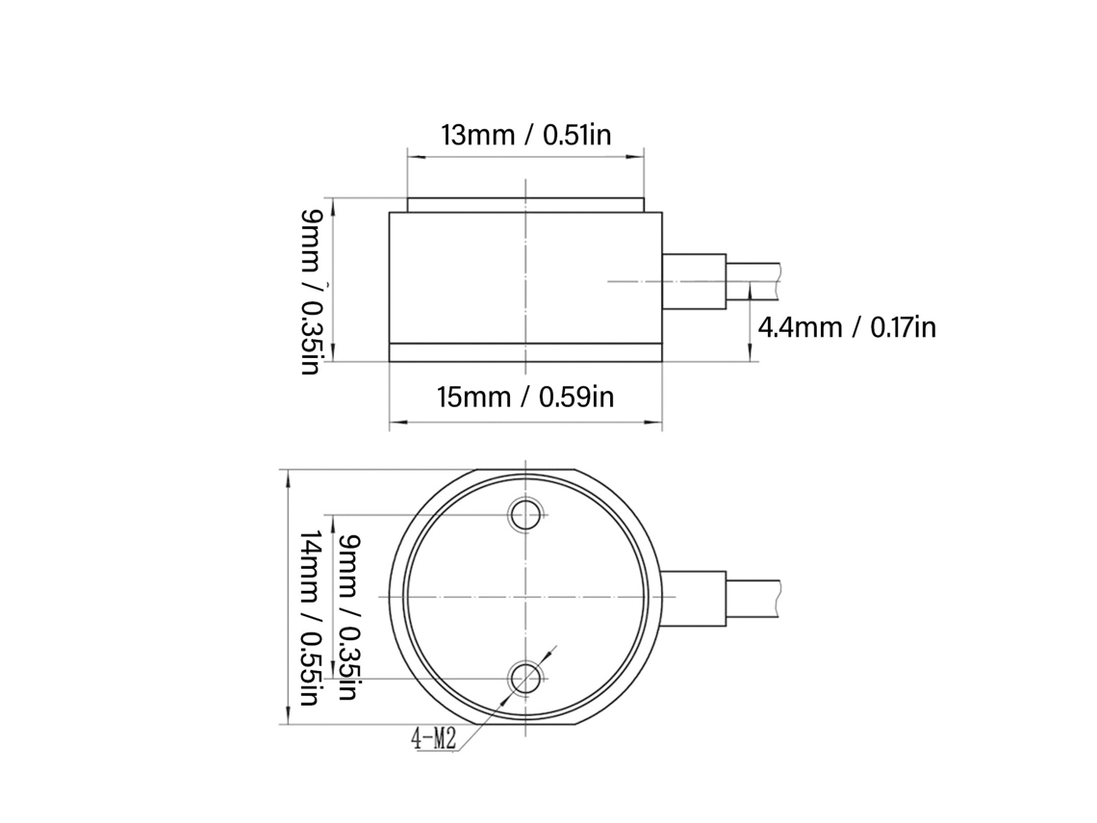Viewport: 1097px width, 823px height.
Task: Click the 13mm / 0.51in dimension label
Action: pos(525,135)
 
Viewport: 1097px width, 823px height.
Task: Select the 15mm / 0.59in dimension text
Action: pos(525,397)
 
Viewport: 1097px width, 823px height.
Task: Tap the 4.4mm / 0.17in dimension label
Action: pos(847,327)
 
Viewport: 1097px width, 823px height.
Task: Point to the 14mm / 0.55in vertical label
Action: pos(309,618)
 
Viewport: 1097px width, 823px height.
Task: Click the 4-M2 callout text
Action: pos(434,737)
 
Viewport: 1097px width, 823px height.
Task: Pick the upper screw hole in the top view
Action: pos(525,515)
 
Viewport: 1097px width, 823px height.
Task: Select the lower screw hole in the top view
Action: pos(525,679)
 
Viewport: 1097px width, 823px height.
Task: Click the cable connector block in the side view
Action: pos(694,281)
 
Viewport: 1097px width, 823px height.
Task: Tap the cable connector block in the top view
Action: pos(694,598)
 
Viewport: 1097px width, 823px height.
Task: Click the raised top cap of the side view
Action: pos(525,205)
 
